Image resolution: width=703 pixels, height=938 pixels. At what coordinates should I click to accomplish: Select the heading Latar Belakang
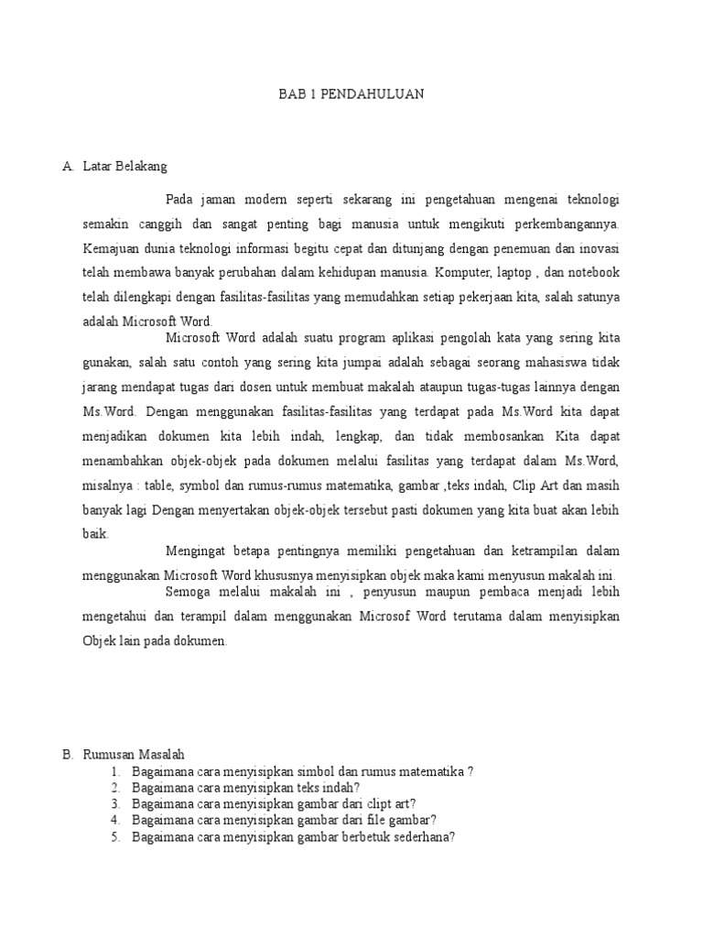pos(125,167)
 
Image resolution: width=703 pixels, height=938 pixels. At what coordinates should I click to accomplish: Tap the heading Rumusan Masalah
pos(134,755)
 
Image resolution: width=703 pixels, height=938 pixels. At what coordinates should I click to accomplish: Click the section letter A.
pos(67,167)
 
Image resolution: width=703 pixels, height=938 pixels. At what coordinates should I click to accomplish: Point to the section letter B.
pos(67,755)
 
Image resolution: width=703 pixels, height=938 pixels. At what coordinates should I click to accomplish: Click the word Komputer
pos(464,273)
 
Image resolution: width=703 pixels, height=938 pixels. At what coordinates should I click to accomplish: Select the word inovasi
pos(596,248)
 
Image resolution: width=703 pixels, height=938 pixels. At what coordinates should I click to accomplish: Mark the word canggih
pos(167,224)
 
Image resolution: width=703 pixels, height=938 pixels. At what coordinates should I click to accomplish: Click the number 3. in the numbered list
pos(115,803)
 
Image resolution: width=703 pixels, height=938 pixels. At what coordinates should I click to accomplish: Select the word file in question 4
pos(363,820)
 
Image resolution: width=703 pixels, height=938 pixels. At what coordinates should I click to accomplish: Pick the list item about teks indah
pos(245,787)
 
